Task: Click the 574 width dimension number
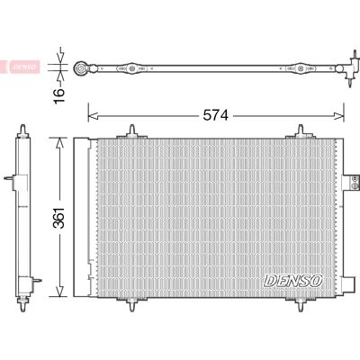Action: point(216,115)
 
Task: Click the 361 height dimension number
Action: point(59,218)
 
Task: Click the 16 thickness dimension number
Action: point(59,95)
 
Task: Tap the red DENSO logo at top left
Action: point(24,67)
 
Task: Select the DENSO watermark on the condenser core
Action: point(293,281)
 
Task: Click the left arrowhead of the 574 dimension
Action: point(93,116)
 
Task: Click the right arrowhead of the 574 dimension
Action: point(339,116)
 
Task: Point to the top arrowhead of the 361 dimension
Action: point(60,142)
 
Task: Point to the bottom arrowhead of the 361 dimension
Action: point(60,292)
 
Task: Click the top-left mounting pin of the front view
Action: point(131,131)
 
